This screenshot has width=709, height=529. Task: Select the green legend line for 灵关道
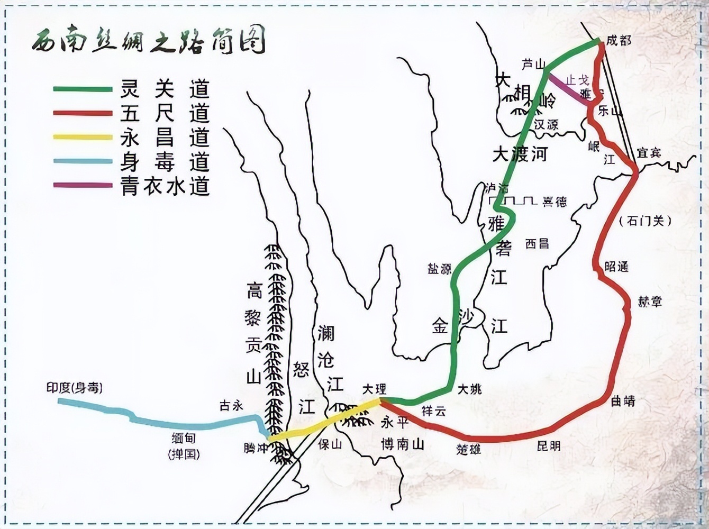83,89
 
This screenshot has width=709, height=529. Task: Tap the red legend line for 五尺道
83,113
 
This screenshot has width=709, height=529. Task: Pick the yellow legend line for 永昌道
83,138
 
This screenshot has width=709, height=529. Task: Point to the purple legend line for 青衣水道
83,186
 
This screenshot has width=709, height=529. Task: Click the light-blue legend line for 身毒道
83,161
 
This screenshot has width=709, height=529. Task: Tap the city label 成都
619,40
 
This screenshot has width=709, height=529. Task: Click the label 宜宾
649,153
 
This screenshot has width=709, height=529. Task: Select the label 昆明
548,446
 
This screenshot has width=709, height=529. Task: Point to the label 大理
374,389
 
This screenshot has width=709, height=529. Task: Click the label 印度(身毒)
74,388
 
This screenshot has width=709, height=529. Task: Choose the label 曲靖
623,402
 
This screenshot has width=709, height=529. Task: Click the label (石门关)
645,221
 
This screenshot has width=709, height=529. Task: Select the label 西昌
537,243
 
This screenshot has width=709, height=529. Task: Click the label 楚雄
469,449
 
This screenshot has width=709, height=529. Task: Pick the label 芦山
533,65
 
